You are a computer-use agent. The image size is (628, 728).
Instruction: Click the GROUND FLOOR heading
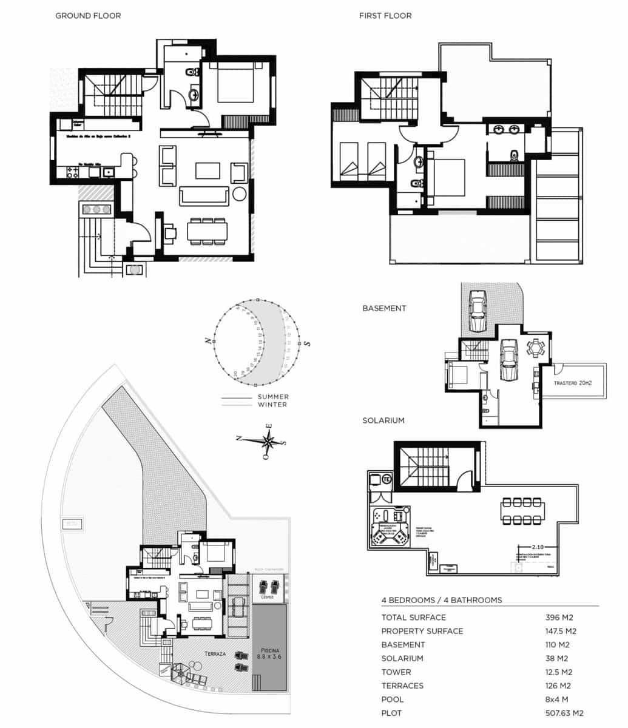coord(88,16)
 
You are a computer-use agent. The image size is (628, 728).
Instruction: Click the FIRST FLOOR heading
coord(385,16)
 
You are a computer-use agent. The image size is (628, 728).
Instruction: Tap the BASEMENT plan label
coord(384,308)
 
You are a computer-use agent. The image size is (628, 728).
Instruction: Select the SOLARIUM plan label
coord(383,420)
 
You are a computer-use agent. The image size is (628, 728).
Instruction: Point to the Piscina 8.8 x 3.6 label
coord(269,652)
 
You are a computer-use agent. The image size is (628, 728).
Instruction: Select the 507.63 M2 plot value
coord(565,713)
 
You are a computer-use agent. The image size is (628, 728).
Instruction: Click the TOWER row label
coord(396,672)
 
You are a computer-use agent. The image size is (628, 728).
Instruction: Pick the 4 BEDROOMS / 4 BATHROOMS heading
coord(442,600)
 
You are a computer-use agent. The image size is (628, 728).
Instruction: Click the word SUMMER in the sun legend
coord(273,397)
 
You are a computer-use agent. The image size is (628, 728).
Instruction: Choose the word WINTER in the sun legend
coord(273,405)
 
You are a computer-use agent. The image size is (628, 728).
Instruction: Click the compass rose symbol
coord(267,440)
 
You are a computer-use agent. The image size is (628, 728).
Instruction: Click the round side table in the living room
coord(239,194)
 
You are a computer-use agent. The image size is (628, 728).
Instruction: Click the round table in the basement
coord(536,348)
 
